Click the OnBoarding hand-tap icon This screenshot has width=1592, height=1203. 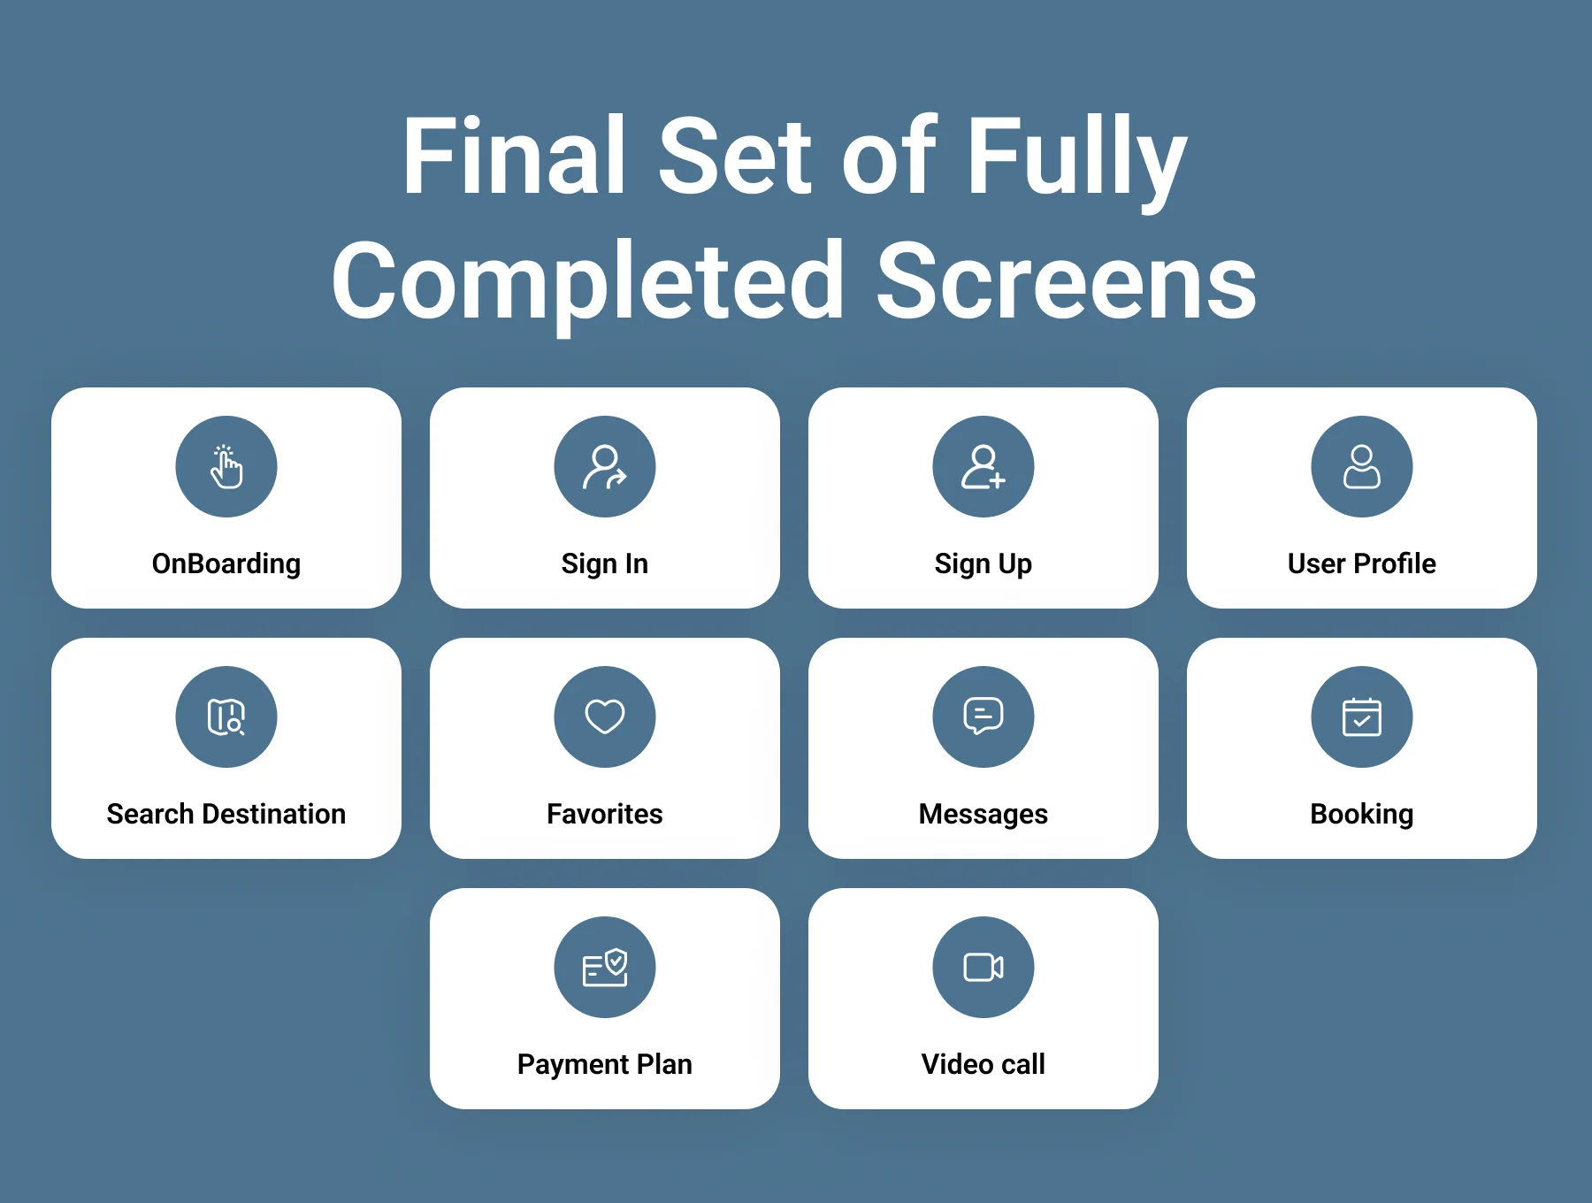tap(226, 467)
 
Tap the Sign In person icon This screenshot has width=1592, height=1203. tap(605, 467)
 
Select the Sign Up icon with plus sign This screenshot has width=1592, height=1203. tap(984, 467)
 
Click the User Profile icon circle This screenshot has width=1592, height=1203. tap(1362, 467)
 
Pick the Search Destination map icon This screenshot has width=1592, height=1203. tap(226, 717)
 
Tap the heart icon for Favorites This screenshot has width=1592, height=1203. tap(605, 717)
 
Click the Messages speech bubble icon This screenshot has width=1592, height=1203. tap(984, 717)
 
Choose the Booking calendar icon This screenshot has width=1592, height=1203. tap(1362, 717)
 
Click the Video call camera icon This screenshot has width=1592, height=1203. tap(984, 968)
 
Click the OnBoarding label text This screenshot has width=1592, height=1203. tap(226, 564)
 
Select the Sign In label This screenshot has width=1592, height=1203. tap(605, 564)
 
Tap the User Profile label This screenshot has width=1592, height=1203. tap(1362, 563)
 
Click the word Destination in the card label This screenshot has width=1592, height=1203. tap(274, 814)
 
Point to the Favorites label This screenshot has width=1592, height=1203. tap(605, 814)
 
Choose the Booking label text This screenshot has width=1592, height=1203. tap(1362, 815)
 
